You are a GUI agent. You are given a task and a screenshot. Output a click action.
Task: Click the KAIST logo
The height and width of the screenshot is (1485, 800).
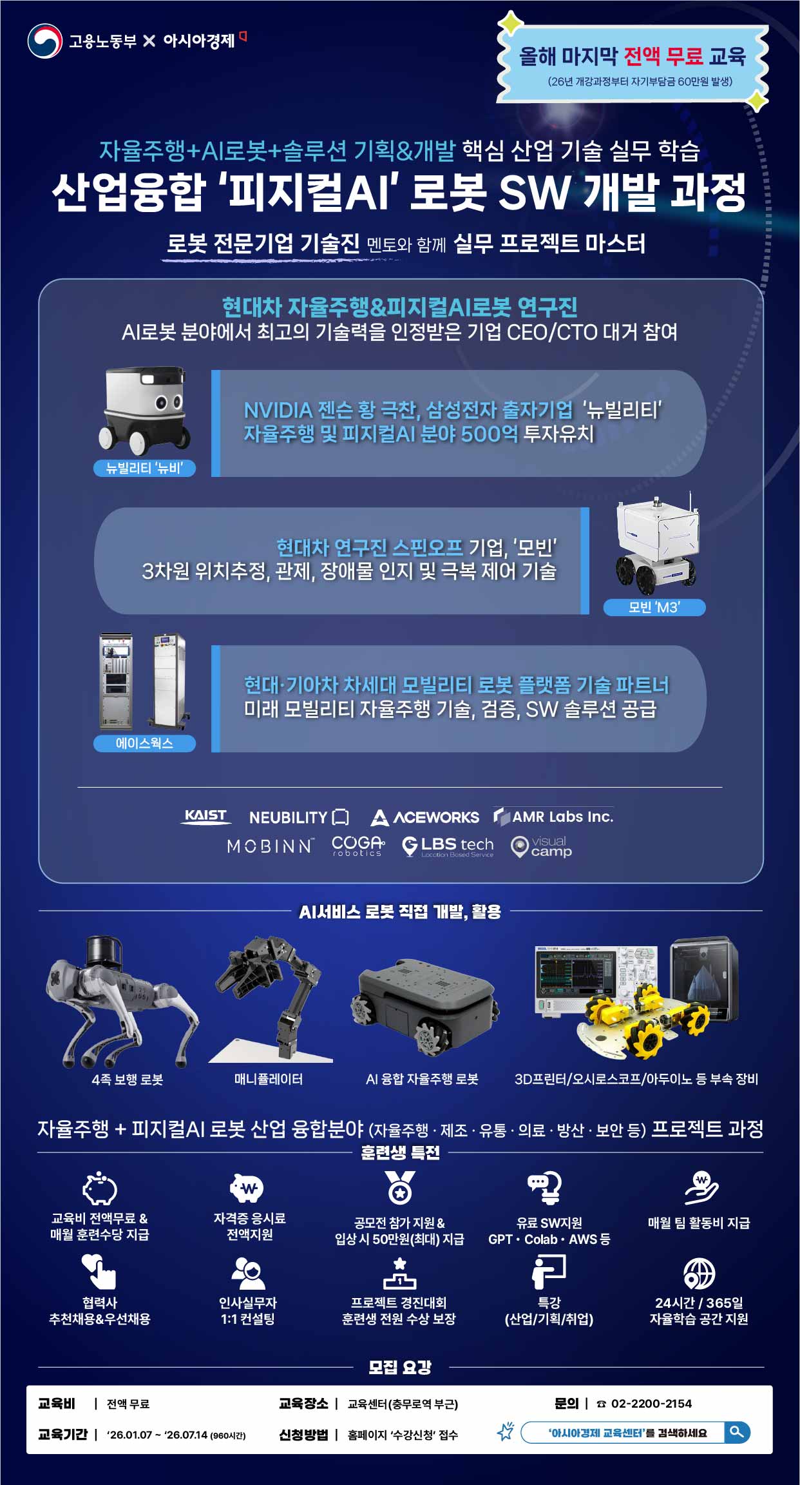point(205,816)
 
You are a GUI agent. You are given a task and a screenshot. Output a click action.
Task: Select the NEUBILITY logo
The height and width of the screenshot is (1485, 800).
point(299,817)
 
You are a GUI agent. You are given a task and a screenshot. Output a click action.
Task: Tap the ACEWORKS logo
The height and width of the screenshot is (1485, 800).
point(425,817)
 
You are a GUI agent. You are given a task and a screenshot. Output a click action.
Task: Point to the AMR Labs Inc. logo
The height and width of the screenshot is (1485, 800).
point(553,817)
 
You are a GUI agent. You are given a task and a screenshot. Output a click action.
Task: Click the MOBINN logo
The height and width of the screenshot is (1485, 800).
point(271,846)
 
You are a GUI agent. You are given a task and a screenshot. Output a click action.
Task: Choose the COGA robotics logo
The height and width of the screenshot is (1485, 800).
point(358,846)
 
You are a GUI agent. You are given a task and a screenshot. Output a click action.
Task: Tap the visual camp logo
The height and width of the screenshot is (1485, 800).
point(541,846)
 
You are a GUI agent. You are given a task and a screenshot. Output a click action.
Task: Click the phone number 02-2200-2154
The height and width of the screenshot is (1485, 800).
point(651,1403)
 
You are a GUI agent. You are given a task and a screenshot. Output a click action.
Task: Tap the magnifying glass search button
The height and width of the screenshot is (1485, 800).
point(737,1432)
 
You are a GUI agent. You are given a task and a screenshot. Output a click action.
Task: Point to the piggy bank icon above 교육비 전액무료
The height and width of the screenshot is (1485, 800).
point(99,1188)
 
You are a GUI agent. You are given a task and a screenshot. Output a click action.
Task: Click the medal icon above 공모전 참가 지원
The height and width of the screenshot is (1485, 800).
point(399,1188)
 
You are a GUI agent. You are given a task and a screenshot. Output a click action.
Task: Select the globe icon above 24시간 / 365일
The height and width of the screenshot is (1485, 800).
point(699,1274)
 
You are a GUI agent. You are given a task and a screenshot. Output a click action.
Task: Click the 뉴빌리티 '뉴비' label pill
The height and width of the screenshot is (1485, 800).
point(144,468)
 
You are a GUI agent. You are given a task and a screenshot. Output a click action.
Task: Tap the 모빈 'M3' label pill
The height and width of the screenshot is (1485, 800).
point(654,607)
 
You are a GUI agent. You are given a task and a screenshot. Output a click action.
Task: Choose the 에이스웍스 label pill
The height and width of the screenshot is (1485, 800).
point(144,743)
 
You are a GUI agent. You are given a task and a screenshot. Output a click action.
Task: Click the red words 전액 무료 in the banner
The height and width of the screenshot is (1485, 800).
point(663,56)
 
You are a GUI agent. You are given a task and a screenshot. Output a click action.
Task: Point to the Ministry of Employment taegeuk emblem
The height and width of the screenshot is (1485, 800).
point(45,41)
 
